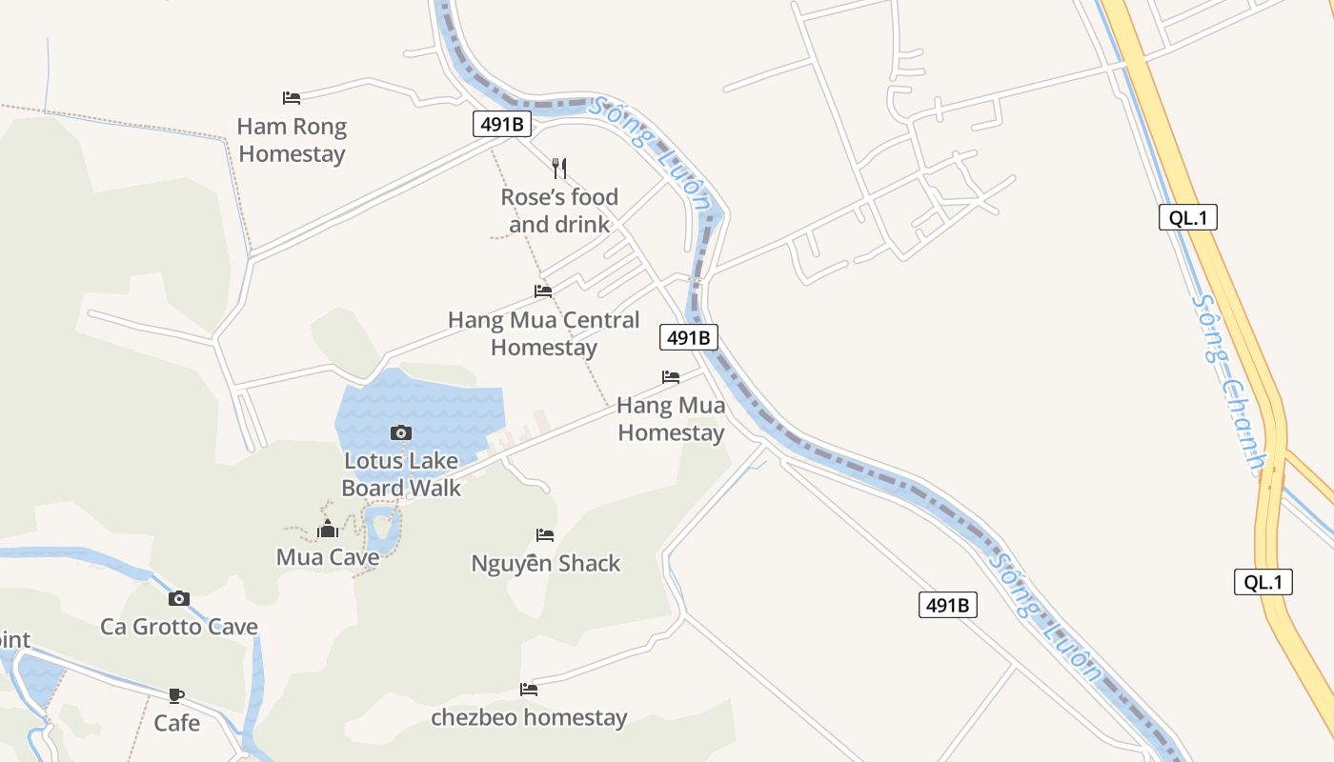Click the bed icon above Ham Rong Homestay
[x=292, y=97]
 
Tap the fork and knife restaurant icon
[x=559, y=169]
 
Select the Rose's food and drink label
[x=559, y=211]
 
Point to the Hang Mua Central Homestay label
[x=543, y=333]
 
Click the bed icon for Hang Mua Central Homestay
[x=543, y=291]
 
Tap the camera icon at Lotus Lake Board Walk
[x=401, y=432]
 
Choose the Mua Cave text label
[x=327, y=557]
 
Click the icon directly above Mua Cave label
[x=328, y=529]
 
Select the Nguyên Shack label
[x=545, y=563]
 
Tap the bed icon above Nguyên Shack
[x=545, y=534]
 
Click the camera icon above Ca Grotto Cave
[x=179, y=598]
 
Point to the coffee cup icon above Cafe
[x=176, y=694]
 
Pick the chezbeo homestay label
[x=529, y=717]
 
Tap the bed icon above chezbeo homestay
[x=529, y=689]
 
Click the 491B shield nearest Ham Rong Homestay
[x=501, y=124]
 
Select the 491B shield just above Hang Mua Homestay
[x=688, y=337]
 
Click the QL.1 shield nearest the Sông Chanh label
[x=1188, y=217]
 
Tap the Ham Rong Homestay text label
[x=292, y=140]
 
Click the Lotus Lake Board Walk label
[x=401, y=474]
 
